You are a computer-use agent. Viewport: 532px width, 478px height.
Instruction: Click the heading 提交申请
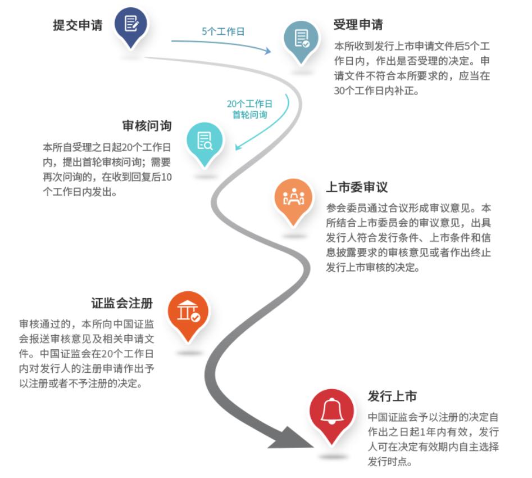78,25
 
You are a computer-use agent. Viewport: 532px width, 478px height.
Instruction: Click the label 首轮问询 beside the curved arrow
249,114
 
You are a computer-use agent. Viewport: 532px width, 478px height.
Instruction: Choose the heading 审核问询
147,126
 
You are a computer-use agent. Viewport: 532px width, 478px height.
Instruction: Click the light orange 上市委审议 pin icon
292,198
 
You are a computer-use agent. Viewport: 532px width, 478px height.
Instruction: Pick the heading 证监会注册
121,303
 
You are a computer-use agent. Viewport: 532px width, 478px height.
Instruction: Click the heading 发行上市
392,396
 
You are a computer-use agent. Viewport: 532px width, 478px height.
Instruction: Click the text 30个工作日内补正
376,91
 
